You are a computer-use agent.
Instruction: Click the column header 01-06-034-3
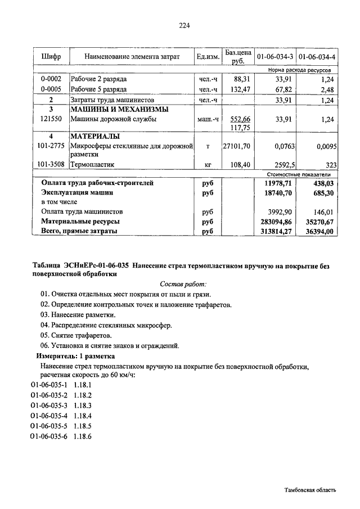274,57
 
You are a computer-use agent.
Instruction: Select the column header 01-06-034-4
317,57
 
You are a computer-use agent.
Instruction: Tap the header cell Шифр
51,57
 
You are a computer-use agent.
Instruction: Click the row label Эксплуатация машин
77,192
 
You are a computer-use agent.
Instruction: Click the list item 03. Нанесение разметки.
78,315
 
